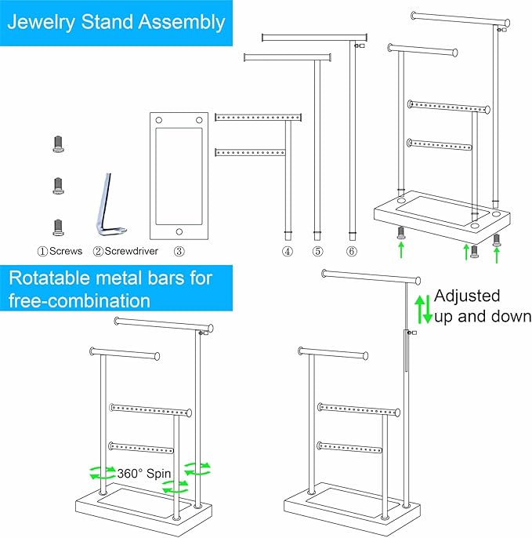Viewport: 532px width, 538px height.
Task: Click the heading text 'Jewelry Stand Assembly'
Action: [116, 21]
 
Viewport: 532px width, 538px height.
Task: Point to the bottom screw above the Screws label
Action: [57, 227]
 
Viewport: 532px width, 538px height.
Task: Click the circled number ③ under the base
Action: [179, 252]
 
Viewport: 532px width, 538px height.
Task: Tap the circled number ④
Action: [288, 252]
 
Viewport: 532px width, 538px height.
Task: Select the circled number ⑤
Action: [317, 252]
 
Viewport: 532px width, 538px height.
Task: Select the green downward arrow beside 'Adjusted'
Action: [428, 311]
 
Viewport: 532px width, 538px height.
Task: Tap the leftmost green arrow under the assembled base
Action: [400, 250]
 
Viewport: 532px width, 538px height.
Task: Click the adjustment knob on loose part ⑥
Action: [356, 46]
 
